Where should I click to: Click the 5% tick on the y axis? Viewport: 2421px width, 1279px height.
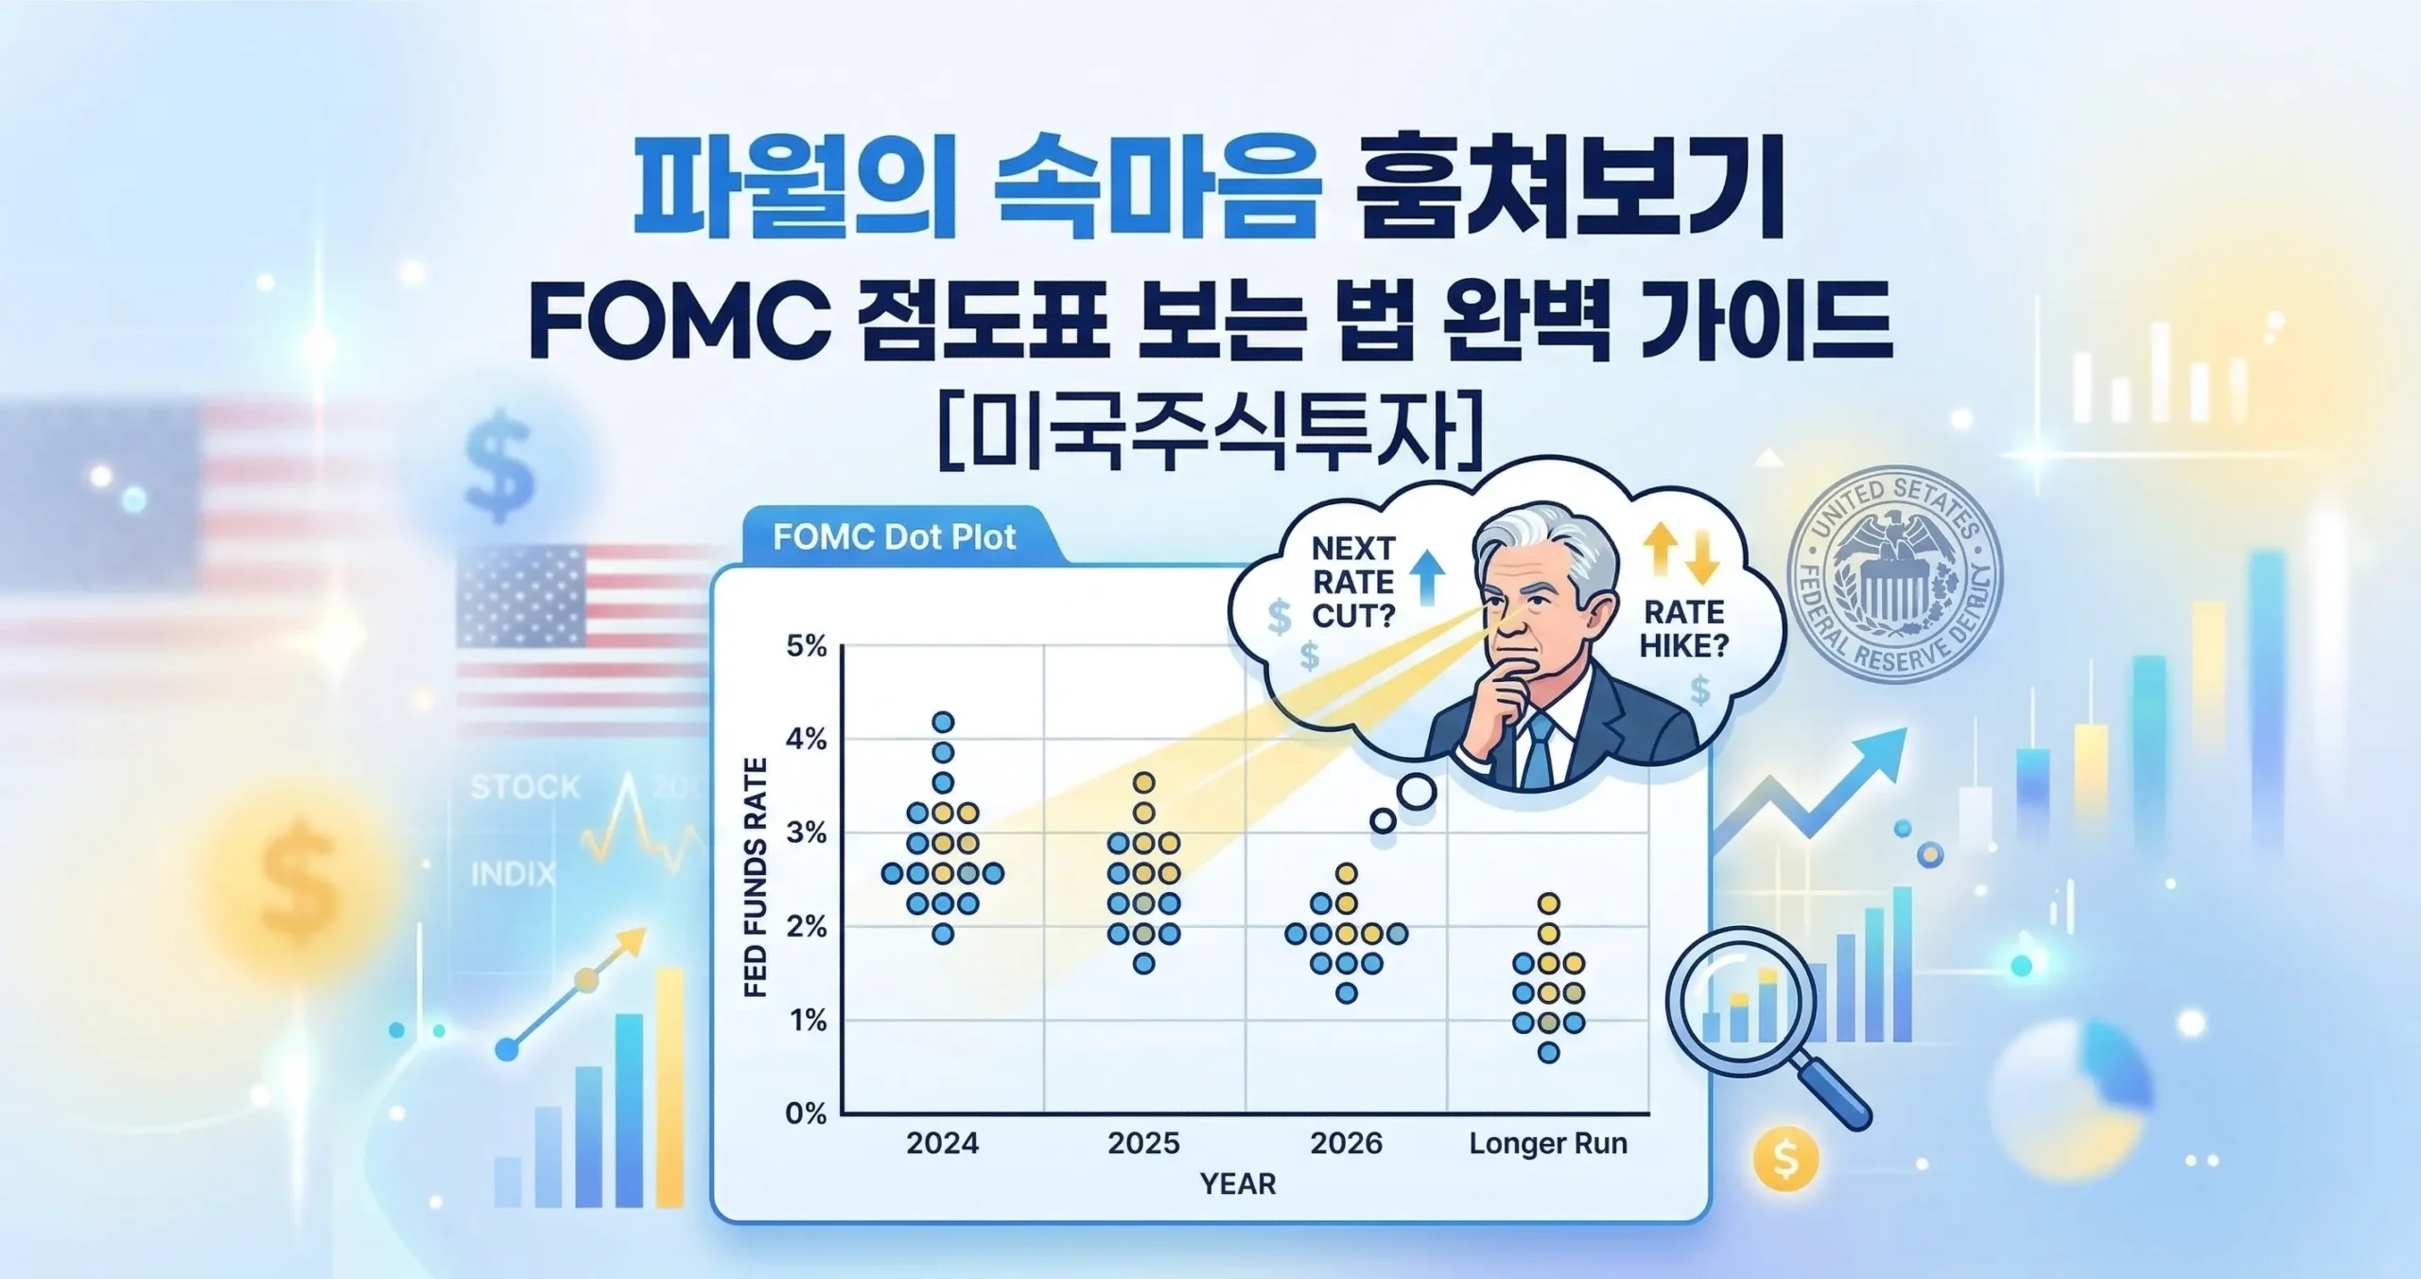pos(806,647)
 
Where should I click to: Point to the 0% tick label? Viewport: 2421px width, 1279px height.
pos(806,1113)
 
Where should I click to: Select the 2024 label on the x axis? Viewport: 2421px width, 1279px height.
pos(942,1144)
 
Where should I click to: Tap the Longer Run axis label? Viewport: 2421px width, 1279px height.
pos(1548,1144)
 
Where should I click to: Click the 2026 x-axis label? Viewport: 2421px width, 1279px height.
pos(1346,1144)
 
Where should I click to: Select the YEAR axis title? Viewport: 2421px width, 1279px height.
pos(1238,1183)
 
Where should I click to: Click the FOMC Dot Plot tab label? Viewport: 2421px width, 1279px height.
pos(894,537)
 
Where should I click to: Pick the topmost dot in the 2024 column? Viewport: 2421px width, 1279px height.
pos(943,723)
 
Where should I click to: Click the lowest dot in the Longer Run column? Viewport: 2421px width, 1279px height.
pos(1548,1052)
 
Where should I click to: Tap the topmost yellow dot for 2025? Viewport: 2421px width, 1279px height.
pos(1144,782)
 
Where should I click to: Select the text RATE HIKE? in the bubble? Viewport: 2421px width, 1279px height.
pos(1683,628)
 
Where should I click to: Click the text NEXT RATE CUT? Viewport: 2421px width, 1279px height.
pos(1353,582)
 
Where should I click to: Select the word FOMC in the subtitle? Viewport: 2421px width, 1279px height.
pos(679,324)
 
